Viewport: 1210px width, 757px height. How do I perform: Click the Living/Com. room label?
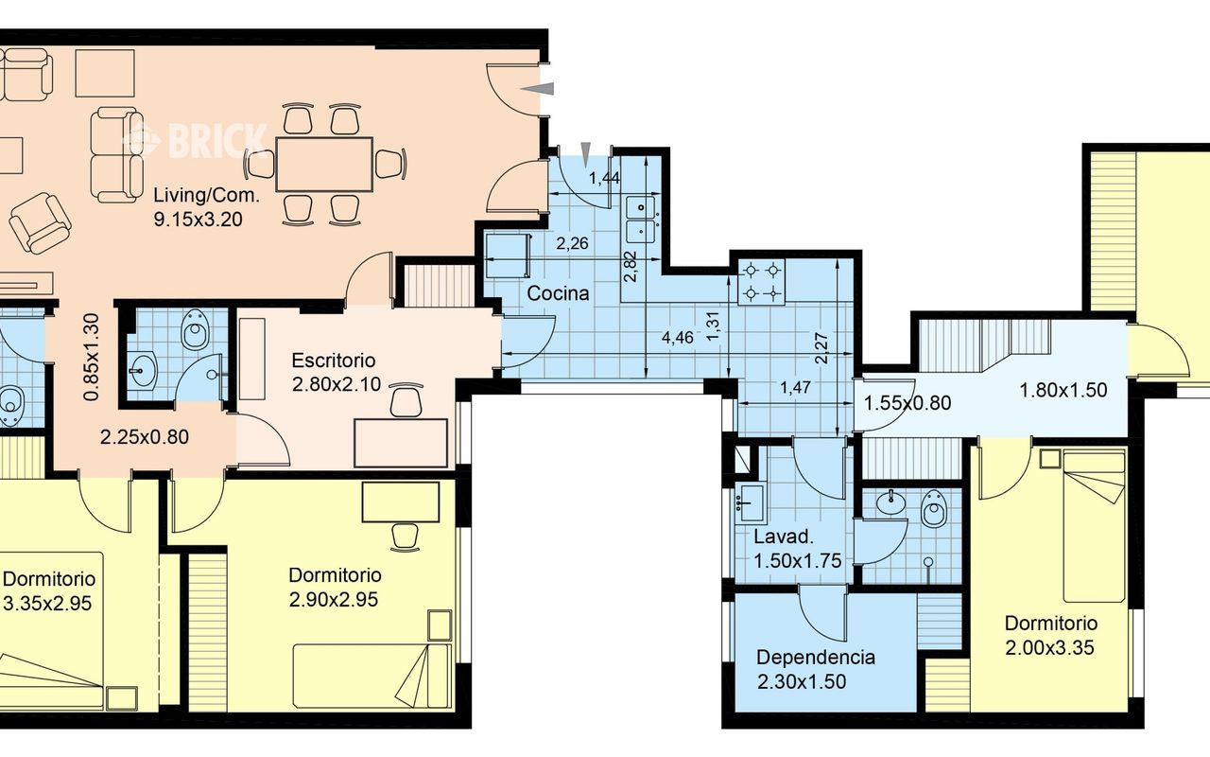tap(206, 207)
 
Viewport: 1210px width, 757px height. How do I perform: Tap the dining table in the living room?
tap(324, 164)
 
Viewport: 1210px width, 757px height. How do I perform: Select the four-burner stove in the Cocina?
tap(762, 282)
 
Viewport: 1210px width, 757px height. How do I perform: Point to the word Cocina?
tap(558, 293)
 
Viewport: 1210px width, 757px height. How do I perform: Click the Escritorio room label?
tap(334, 361)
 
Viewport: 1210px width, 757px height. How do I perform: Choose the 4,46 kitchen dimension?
tap(678, 338)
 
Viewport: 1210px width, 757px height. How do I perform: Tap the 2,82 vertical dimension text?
tap(631, 267)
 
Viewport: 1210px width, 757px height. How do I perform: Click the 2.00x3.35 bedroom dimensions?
tap(1049, 647)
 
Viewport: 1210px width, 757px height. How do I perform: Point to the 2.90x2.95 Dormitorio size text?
tap(334, 600)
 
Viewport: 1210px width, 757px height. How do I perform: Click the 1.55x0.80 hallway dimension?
tap(907, 403)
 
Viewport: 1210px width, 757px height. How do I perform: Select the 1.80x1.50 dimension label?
tap(1063, 390)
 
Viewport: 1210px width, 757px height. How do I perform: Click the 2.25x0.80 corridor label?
tap(145, 437)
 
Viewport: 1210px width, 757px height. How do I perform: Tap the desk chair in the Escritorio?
tap(406, 400)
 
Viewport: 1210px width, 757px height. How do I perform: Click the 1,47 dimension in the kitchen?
tap(796, 387)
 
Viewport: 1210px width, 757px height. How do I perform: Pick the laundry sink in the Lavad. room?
tap(751, 504)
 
